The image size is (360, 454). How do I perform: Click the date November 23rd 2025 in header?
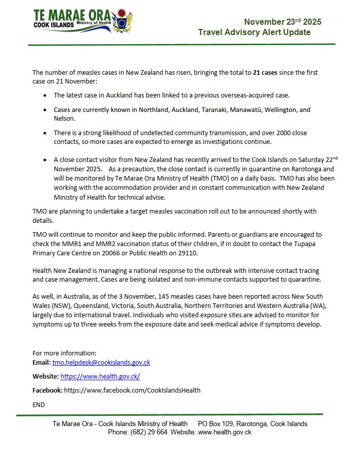(x=282, y=22)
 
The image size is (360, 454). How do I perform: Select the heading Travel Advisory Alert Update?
(x=254, y=33)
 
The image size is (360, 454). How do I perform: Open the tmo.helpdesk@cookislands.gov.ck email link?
(x=101, y=363)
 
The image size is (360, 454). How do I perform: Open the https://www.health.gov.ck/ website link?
(x=100, y=377)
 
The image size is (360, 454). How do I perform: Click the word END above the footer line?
(x=39, y=404)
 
